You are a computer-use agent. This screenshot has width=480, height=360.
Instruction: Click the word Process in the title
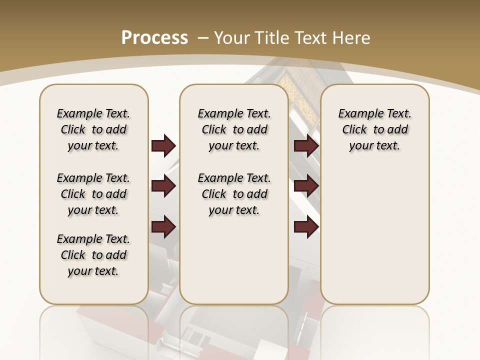click(154, 38)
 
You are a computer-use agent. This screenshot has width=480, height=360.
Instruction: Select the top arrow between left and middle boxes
click(163, 146)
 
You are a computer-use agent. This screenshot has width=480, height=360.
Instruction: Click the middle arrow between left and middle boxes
click(163, 186)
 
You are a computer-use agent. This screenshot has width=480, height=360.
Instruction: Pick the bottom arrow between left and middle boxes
click(163, 226)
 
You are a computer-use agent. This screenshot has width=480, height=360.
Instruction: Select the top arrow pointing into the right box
click(306, 146)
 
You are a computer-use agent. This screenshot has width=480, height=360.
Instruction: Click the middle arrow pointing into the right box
click(306, 186)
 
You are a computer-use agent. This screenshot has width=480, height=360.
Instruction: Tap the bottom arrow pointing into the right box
click(306, 226)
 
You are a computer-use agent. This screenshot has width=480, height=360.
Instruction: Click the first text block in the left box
click(93, 129)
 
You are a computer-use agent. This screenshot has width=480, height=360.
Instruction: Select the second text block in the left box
click(93, 194)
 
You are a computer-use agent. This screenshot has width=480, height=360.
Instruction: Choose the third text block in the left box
click(93, 255)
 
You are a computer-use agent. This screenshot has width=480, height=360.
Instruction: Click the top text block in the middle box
click(234, 129)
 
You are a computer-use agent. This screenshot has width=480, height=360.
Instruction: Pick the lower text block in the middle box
click(234, 194)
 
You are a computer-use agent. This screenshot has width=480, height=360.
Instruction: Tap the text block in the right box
click(374, 129)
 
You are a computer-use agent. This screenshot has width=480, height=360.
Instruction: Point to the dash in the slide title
click(203, 38)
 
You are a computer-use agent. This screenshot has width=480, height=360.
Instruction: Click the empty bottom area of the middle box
click(234, 265)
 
